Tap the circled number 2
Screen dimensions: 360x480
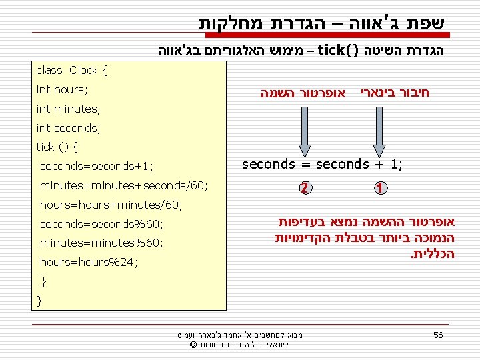tap(304, 189)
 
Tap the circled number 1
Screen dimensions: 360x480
tap(379, 189)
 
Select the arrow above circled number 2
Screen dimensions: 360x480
tap(304, 131)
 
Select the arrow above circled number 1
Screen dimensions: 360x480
tap(379, 131)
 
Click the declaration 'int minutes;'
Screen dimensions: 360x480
tap(68, 109)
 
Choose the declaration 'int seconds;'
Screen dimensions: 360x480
tap(68, 127)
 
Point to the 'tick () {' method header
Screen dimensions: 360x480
tap(57, 147)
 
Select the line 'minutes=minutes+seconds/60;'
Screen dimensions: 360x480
tap(123, 185)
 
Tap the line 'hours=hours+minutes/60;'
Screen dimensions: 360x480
tap(111, 205)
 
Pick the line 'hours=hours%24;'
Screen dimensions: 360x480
tap(89, 262)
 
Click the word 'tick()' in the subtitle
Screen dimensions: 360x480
tap(339, 49)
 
